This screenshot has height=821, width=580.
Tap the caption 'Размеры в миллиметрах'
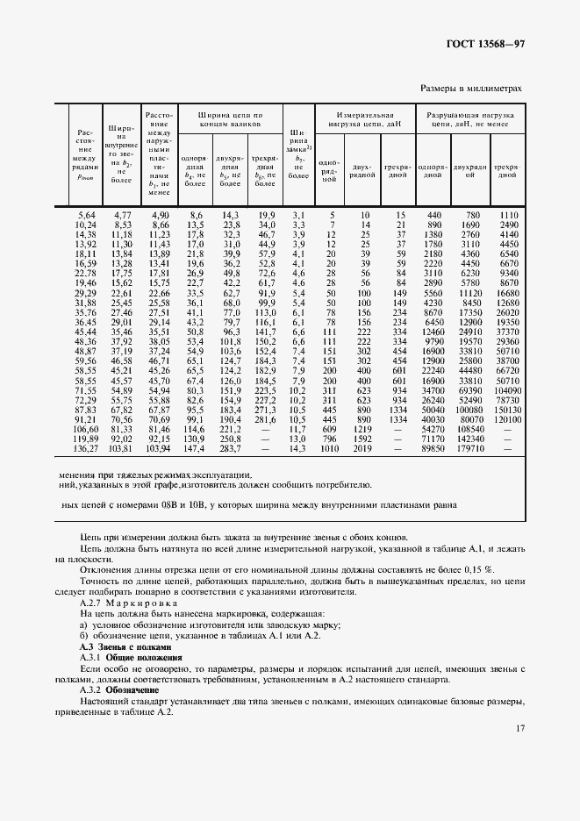pos(471,89)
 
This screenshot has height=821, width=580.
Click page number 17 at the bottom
pos(520,728)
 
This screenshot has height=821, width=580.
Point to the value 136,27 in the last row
pos(85,448)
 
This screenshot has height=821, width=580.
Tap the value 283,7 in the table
pos(231,448)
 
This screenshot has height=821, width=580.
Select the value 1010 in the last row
pos(329,448)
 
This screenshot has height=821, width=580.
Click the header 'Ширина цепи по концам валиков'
pos(231,120)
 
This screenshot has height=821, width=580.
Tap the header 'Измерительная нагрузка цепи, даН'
pos(362,120)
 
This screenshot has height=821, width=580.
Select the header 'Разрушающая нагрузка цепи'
pos(470,120)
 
